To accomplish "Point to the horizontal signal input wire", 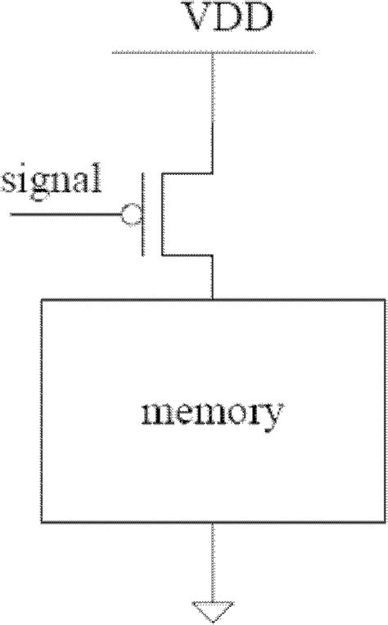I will pyautogui.click(x=65, y=215).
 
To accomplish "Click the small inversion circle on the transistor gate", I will pyautogui.click(x=129, y=215).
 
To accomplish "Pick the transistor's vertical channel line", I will pyautogui.click(x=161, y=214).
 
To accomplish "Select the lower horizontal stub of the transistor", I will pyautogui.click(x=187, y=256).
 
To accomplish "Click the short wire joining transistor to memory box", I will pyautogui.click(x=213, y=278).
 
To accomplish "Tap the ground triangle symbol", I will pyautogui.click(x=213, y=609).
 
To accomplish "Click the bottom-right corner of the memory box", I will pyautogui.click(x=386, y=521).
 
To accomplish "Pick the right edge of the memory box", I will pyautogui.click(x=386, y=409).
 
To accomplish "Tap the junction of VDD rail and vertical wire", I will pyautogui.click(x=213, y=53).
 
